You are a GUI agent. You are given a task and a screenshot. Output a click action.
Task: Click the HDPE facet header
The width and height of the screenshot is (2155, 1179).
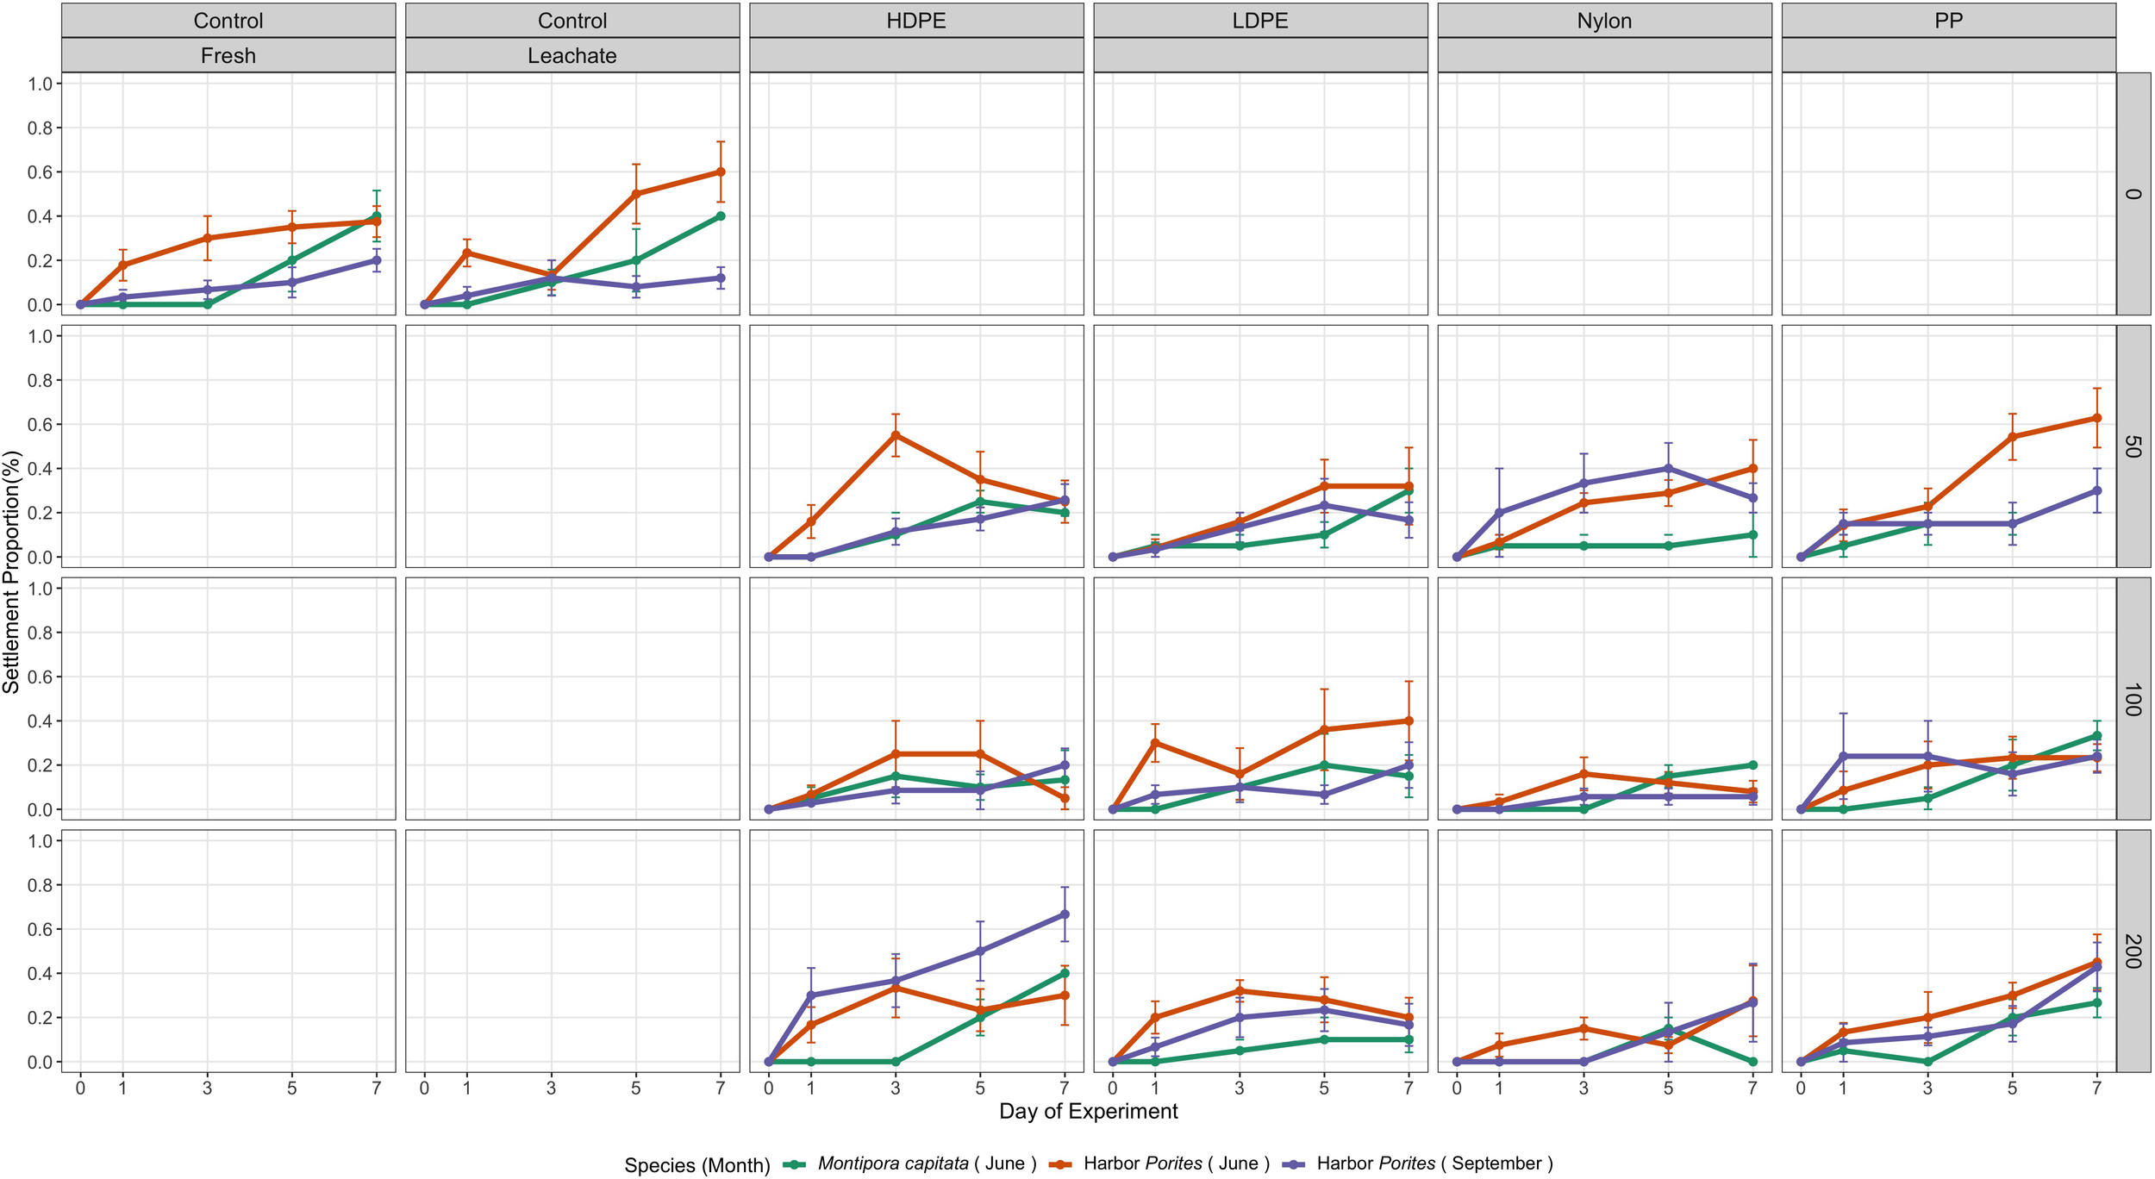(915, 21)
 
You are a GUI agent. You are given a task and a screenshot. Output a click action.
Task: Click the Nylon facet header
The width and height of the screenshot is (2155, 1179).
(1603, 21)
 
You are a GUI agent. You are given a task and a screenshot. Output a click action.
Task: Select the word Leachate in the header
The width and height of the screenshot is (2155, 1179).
(572, 56)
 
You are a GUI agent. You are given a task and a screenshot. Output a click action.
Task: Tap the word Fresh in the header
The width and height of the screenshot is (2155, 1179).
(228, 56)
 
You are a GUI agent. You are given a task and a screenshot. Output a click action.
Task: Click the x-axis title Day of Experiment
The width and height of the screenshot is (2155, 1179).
(1088, 1111)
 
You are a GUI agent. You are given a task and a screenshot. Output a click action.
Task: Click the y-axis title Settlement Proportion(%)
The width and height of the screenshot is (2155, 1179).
(11, 571)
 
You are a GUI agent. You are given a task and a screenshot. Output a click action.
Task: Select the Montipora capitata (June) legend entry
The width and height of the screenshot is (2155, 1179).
(927, 1163)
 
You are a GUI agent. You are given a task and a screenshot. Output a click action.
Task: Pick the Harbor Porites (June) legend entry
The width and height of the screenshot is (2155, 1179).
(1176, 1163)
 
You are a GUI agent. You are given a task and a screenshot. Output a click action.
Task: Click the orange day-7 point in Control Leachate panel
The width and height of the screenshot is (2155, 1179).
(721, 172)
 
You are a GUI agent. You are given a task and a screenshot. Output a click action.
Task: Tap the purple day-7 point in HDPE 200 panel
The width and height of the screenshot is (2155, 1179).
(1065, 914)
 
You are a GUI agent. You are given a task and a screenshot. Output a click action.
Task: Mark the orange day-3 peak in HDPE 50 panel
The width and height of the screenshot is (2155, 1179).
(896, 435)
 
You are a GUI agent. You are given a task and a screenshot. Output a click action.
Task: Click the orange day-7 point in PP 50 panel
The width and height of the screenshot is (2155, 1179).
(2097, 418)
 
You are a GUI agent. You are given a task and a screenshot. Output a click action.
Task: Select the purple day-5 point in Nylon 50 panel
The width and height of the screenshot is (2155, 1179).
(1669, 468)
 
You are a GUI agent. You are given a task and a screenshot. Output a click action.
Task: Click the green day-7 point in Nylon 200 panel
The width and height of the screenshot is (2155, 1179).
(1753, 1062)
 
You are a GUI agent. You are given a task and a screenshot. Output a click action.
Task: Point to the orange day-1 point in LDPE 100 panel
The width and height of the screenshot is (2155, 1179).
(1155, 742)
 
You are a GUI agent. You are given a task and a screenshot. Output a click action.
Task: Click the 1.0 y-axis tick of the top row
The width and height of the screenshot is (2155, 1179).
(41, 84)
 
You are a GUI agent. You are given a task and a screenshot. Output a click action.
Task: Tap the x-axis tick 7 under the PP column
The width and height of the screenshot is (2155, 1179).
(2097, 1089)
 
